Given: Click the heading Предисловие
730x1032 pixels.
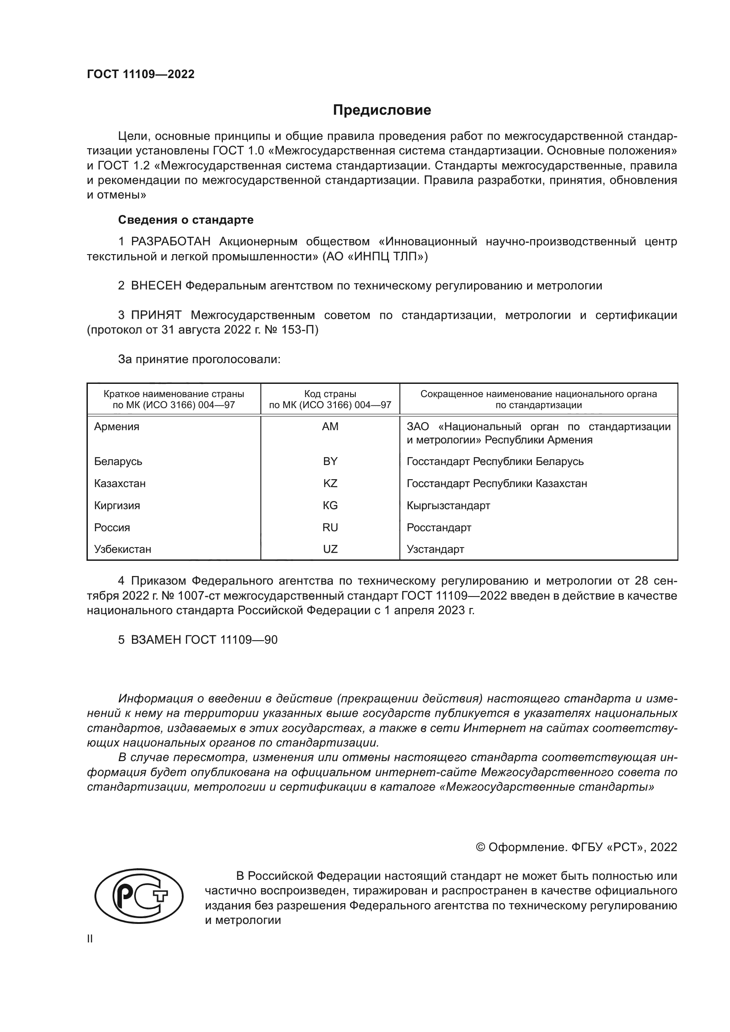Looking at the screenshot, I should [382, 110].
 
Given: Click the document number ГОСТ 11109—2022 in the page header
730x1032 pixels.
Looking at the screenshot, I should [141, 75].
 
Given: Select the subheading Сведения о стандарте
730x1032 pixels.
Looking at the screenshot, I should [186, 220].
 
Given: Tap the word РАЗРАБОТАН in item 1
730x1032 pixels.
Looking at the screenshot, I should [170, 242].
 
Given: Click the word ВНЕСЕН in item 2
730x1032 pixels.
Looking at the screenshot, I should [156, 286].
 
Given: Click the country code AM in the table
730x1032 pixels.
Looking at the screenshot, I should [330, 427].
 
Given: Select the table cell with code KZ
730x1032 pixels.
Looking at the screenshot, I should [330, 484].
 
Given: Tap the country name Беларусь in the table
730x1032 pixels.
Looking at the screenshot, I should [118, 462].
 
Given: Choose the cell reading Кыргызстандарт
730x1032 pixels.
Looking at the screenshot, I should [448, 506].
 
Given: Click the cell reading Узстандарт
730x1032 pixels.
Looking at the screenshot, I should [435, 549].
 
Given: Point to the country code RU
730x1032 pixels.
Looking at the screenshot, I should [330, 528].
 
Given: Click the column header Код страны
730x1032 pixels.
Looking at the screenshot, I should [330, 394].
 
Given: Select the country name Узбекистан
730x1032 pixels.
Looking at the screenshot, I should [122, 549].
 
